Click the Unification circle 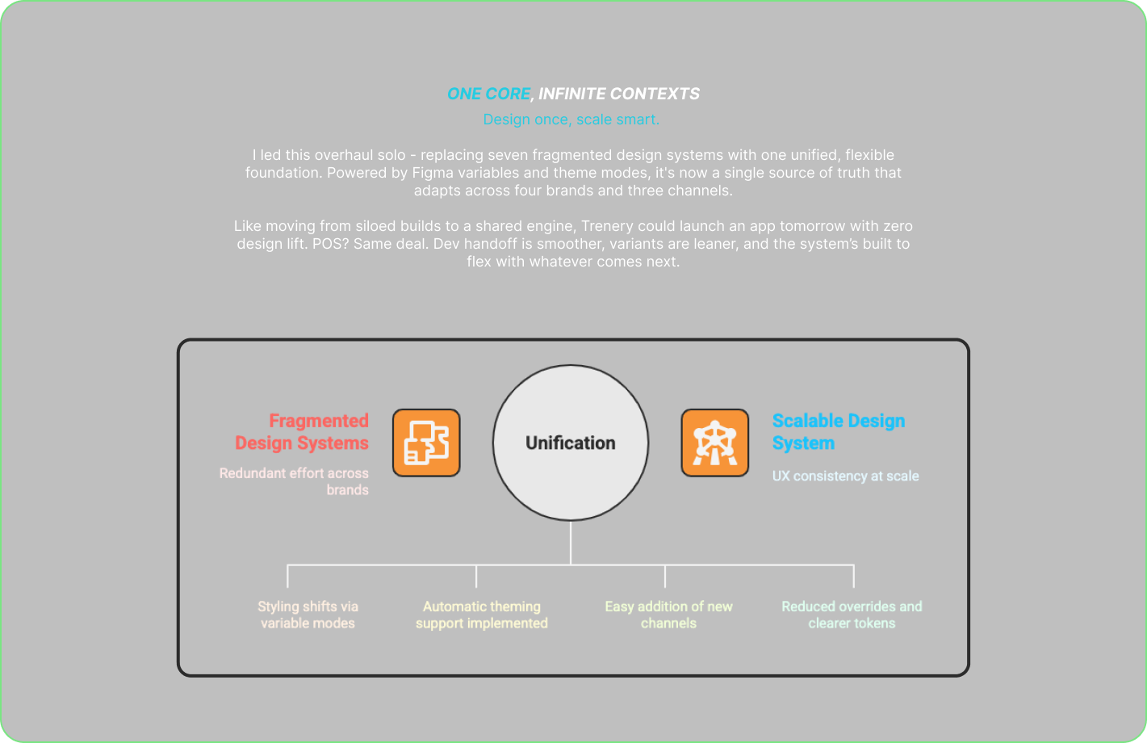[x=570, y=443]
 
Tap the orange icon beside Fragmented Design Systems [x=426, y=443]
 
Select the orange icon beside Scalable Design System [x=714, y=443]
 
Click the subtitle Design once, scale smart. [x=571, y=120]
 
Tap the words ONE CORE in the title [x=488, y=94]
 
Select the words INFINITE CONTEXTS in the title [x=619, y=94]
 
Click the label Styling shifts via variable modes [x=308, y=615]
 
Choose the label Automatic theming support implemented [x=482, y=615]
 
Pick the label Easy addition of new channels [x=668, y=615]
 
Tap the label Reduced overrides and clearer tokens [x=852, y=615]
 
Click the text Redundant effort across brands [x=295, y=481]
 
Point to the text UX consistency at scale [x=845, y=476]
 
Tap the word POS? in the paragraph [x=329, y=244]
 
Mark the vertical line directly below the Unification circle [x=571, y=543]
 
